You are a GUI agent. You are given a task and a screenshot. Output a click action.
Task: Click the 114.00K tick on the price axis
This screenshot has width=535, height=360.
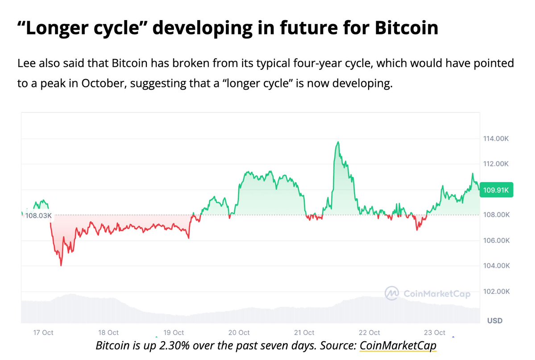[496, 139]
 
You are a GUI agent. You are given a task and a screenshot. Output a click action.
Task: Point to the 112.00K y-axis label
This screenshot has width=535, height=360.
[496, 164]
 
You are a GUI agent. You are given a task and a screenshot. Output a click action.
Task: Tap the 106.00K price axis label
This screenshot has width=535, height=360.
[496, 241]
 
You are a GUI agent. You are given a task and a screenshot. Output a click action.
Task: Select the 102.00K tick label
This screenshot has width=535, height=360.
[496, 292]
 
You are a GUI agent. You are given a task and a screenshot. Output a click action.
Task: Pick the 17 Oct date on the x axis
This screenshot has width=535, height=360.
[44, 332]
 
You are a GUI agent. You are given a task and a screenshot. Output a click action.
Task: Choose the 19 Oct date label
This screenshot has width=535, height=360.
[174, 332]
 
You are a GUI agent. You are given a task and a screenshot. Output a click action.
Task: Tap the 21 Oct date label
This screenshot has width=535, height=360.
[304, 332]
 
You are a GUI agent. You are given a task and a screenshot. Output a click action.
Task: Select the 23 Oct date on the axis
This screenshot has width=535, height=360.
[434, 332]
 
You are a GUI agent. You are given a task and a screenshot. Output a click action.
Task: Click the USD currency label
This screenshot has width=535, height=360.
[494, 320]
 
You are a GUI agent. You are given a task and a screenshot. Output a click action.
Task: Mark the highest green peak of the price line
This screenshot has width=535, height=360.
[338, 142]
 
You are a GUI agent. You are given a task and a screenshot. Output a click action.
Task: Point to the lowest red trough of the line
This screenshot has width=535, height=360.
[61, 265]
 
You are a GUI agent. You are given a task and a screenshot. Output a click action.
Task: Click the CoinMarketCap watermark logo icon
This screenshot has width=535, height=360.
[392, 293]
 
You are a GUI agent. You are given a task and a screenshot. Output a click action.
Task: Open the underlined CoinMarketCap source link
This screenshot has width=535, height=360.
[398, 345]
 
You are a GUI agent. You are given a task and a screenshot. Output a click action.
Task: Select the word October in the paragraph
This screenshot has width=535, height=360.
[101, 84]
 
